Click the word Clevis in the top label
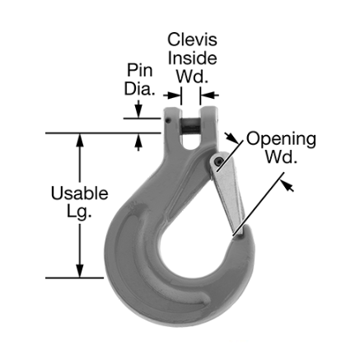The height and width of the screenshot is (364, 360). (192, 38)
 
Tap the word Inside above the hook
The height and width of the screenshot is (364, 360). (192, 58)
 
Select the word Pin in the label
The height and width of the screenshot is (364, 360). (138, 70)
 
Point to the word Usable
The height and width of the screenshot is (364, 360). (79, 194)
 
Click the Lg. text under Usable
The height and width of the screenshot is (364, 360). (79, 213)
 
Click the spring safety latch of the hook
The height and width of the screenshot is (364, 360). (228, 194)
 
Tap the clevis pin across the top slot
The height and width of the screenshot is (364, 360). (187, 124)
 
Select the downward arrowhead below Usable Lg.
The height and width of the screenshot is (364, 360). (80, 269)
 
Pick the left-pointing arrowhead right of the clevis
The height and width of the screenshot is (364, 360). (205, 96)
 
